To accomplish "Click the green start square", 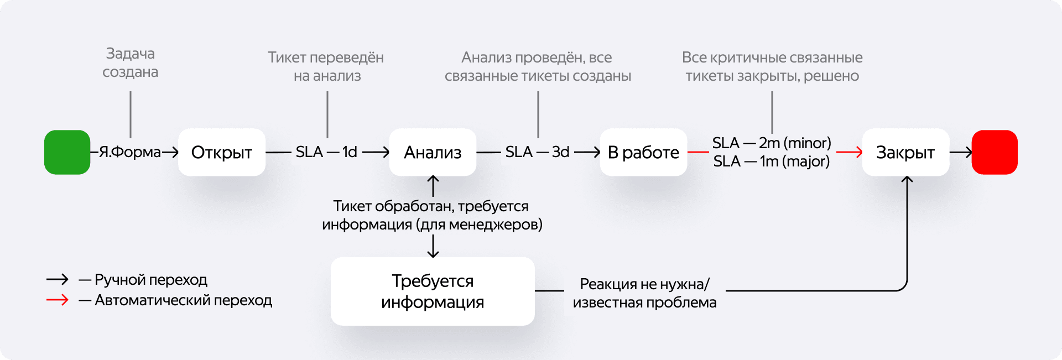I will click(x=67, y=152).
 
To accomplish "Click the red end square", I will click(x=994, y=152).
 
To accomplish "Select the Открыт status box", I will click(x=221, y=152).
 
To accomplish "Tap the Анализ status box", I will click(x=433, y=152).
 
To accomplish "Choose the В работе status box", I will click(x=643, y=152).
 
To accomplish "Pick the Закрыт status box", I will click(x=905, y=152).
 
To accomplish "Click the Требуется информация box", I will click(x=433, y=291).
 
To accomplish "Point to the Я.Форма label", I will click(x=130, y=152).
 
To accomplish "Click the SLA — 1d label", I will click(x=326, y=152).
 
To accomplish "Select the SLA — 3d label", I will click(x=537, y=152).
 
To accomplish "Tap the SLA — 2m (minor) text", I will click(x=772, y=143).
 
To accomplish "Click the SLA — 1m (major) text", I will click(x=772, y=161).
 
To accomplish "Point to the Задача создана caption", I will click(x=131, y=62).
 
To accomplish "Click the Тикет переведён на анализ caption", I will click(x=326, y=66).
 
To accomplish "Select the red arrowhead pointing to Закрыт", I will click(x=858, y=152).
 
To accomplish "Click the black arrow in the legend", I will click(x=58, y=279).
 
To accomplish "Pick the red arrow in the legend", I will click(x=58, y=300).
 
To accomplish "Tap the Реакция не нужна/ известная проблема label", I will click(x=644, y=293).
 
